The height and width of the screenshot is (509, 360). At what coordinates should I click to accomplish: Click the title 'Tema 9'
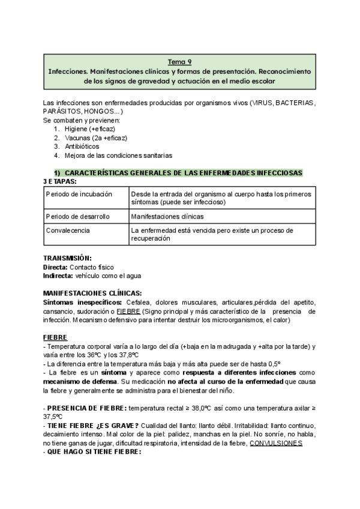tap(179, 61)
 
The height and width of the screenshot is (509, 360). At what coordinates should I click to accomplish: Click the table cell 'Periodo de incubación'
tap(79, 195)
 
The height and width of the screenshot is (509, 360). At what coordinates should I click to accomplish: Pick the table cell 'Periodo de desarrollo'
tap(79, 215)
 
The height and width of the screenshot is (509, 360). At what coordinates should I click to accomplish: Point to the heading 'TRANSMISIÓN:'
tap(67, 258)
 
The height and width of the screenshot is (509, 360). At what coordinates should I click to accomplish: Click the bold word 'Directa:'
tap(55, 267)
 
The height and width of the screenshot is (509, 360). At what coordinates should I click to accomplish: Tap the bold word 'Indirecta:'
tap(58, 276)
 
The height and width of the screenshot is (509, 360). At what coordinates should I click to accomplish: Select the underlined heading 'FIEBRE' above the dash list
tap(55, 337)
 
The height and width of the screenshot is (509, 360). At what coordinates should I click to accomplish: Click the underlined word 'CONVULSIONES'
tap(275, 443)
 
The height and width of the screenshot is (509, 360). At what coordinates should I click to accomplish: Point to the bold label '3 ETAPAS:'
tap(59, 181)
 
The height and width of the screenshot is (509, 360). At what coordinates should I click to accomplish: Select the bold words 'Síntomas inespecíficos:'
tap(79, 302)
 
